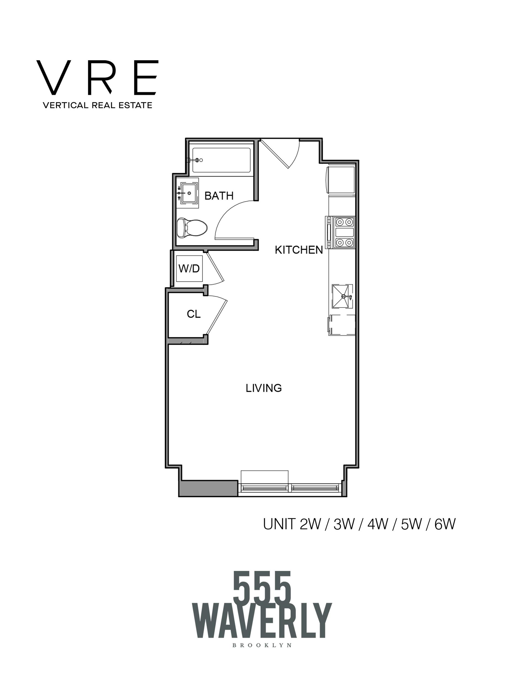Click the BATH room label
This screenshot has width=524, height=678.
click(219, 196)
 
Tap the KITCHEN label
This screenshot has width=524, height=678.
click(299, 250)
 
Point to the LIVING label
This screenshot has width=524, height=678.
click(264, 388)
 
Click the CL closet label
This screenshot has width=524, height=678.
click(194, 314)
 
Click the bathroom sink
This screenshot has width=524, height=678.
click(189, 193)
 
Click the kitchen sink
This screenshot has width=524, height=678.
click(342, 296)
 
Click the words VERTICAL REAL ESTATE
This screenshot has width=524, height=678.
click(97, 105)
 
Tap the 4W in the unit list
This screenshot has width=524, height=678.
click(377, 525)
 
